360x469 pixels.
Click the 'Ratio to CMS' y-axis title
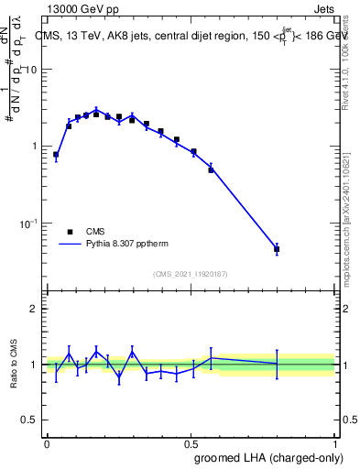coord(14,365)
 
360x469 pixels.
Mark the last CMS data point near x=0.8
coord(277,249)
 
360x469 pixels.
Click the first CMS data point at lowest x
coord(56,155)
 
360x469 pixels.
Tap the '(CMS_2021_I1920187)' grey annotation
coord(190,274)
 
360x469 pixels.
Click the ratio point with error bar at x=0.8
coord(277,364)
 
